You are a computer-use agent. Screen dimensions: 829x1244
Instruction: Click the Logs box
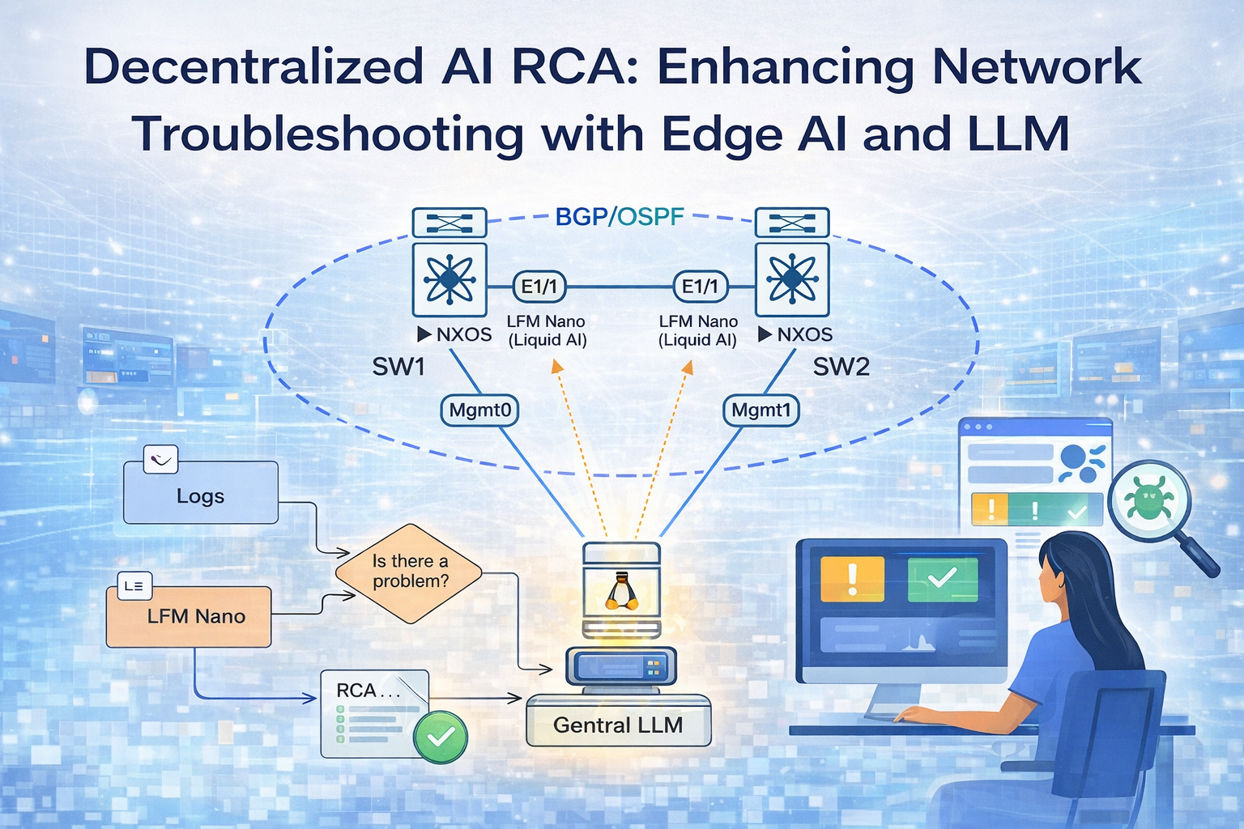click(x=200, y=494)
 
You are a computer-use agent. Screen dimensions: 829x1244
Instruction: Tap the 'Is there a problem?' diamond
click(x=409, y=572)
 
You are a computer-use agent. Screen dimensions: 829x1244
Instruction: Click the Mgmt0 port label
click(x=480, y=410)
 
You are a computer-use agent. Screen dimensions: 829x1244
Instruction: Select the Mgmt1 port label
click(x=760, y=410)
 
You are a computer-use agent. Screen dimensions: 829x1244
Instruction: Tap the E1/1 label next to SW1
click(x=539, y=287)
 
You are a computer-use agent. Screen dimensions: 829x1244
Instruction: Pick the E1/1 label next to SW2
click(x=701, y=287)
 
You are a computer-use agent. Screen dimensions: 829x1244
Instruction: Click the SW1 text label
click(x=398, y=367)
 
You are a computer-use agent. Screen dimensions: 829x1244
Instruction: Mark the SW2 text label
click(x=841, y=367)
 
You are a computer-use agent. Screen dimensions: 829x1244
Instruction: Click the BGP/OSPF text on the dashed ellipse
click(x=620, y=217)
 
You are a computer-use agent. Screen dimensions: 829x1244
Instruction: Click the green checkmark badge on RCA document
click(x=441, y=736)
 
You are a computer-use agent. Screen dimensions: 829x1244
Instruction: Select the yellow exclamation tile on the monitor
click(x=852, y=579)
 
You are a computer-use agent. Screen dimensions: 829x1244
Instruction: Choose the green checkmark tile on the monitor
click(x=943, y=579)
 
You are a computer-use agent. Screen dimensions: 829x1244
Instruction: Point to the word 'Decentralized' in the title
click(x=253, y=67)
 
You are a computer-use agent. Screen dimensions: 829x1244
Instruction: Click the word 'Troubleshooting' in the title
click(x=328, y=134)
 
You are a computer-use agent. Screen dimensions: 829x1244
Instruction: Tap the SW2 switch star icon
click(x=791, y=279)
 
